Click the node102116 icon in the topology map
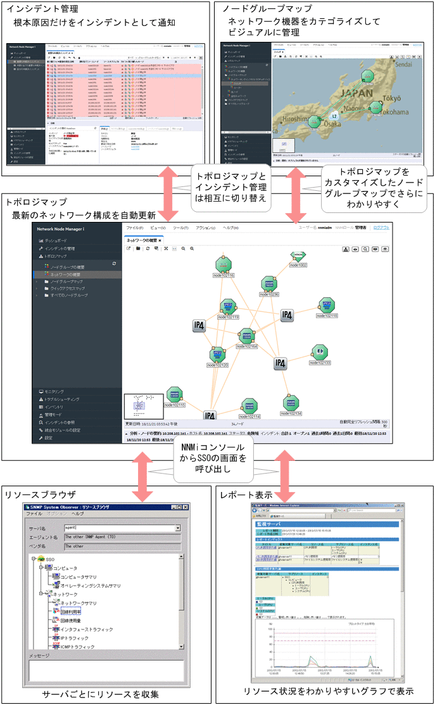click(222, 266)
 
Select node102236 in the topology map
click(270, 285)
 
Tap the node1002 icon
click(298, 256)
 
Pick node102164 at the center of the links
click(246, 337)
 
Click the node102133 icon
click(320, 353)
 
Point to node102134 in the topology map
click(292, 403)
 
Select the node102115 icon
click(174, 396)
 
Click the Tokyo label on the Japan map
click(393, 98)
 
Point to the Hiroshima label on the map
click(291, 119)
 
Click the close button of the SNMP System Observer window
click(186, 507)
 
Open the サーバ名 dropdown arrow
click(178, 527)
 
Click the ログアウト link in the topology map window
click(381, 227)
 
